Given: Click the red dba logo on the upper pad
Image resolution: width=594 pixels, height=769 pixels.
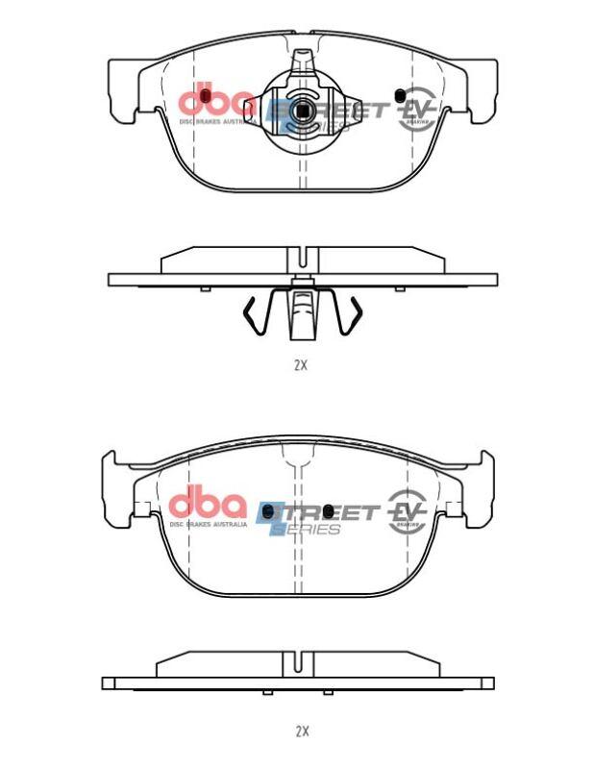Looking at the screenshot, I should [x=216, y=99].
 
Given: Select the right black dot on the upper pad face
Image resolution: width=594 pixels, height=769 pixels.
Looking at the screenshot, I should [x=400, y=94].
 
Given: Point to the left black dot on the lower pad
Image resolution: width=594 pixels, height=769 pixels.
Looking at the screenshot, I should [x=268, y=509].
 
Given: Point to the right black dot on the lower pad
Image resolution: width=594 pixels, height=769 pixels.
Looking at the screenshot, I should [x=329, y=509].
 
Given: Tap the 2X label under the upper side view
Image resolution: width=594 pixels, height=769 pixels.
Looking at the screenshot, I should [x=301, y=365].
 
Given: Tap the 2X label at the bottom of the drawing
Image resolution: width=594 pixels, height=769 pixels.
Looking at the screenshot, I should [x=302, y=731].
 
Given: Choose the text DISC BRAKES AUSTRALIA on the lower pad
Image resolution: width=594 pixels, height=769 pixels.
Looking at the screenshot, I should [x=208, y=525].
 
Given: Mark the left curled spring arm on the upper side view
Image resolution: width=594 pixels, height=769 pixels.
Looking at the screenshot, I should [x=253, y=316].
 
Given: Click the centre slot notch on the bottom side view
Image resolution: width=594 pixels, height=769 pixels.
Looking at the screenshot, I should [x=302, y=663].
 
